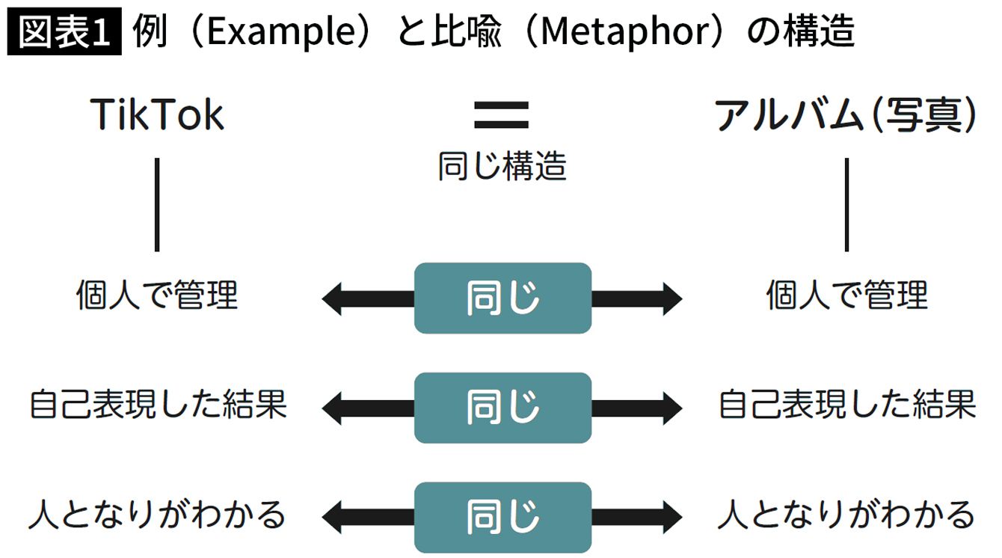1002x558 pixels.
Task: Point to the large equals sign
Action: (x=502, y=114)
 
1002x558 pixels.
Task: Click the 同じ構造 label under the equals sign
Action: (x=502, y=166)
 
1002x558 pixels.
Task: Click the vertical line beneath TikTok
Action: (x=157, y=204)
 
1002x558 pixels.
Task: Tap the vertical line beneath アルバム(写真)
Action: (x=846, y=204)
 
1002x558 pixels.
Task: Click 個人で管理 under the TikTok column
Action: (x=157, y=296)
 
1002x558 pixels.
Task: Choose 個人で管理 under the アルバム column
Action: (x=846, y=296)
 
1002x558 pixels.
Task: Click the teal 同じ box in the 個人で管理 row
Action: (x=502, y=298)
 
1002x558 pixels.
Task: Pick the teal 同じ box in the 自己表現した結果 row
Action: (x=502, y=408)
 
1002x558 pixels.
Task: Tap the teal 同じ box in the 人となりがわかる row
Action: (x=502, y=517)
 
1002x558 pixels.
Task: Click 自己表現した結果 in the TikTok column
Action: (x=158, y=405)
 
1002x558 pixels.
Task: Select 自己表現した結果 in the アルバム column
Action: (x=847, y=405)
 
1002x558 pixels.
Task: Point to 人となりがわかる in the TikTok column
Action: (x=157, y=515)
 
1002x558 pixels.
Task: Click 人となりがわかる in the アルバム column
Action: (x=846, y=515)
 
